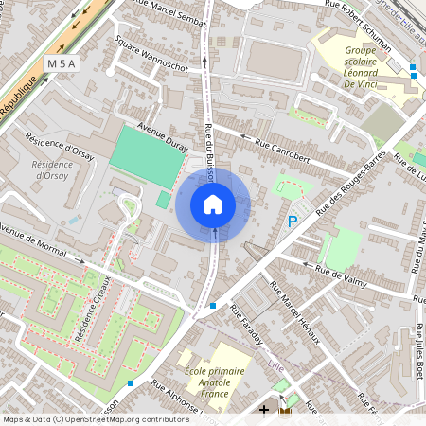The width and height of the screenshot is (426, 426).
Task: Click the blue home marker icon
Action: (x=213, y=204)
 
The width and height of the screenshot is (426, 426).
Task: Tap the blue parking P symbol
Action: (x=293, y=222)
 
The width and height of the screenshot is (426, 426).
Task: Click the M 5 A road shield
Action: (x=61, y=63)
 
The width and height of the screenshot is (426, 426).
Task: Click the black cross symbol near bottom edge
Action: (x=264, y=411)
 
